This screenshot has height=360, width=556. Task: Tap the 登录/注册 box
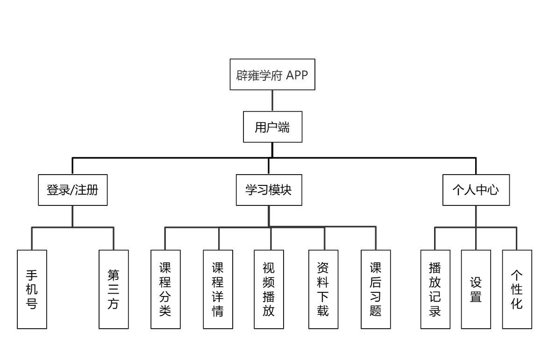pyautogui.click(x=72, y=190)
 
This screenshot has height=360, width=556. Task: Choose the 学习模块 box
pyautogui.click(x=268, y=190)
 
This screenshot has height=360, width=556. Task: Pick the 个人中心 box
pyautogui.click(x=476, y=190)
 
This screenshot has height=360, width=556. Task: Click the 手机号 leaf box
pyautogui.click(x=32, y=289)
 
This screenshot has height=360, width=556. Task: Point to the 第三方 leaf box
pyautogui.click(x=114, y=289)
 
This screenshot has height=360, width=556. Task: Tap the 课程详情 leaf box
pyautogui.click(x=218, y=289)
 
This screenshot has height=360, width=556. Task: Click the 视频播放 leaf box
pyautogui.click(x=269, y=289)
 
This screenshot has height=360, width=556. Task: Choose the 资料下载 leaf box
pyautogui.click(x=323, y=289)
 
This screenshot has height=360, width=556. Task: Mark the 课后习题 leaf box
pyautogui.click(x=376, y=289)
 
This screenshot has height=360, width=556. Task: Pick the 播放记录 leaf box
pyautogui.click(x=435, y=289)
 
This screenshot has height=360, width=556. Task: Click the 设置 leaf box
pyautogui.click(x=476, y=289)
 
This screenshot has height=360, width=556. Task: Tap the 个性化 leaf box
pyautogui.click(x=517, y=289)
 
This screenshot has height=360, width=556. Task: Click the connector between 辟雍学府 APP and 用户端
pyautogui.click(x=272, y=102)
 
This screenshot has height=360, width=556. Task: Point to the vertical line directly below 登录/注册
pyautogui.click(x=72, y=216)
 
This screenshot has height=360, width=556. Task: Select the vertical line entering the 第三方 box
pyautogui.click(x=114, y=239)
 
